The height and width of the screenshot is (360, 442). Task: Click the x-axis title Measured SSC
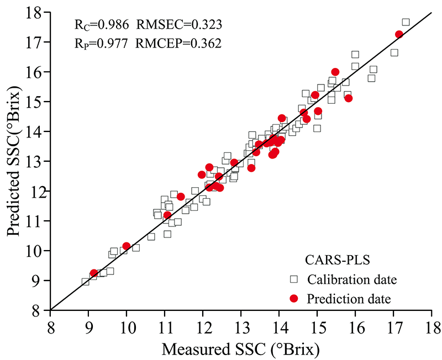point(241,347)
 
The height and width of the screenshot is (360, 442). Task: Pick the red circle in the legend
point(294,299)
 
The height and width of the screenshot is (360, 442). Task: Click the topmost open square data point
point(406,22)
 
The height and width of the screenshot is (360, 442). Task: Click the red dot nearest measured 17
point(399,34)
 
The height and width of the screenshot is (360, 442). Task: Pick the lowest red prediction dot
point(94,273)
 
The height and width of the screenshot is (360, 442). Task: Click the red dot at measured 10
point(127,246)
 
